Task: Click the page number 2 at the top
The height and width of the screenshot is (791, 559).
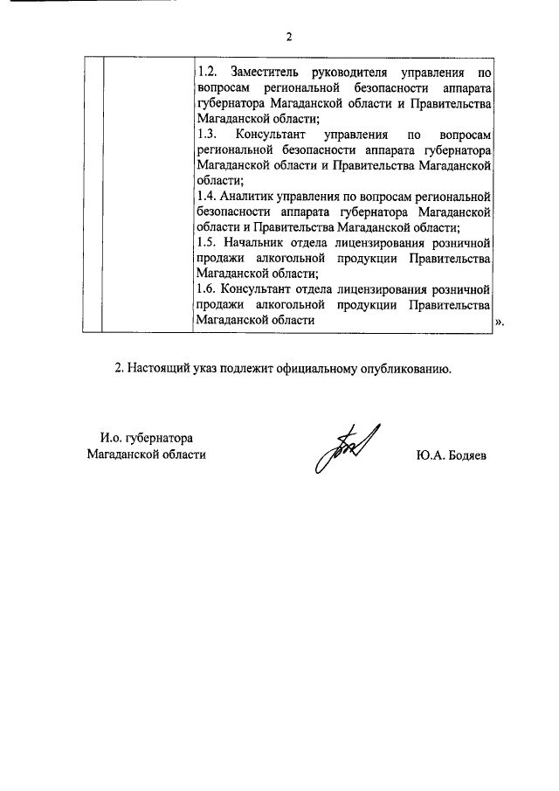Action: coord(287,37)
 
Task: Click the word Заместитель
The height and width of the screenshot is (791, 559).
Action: coord(269,70)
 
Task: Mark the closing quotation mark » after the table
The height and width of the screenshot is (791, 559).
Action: coord(500,322)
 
